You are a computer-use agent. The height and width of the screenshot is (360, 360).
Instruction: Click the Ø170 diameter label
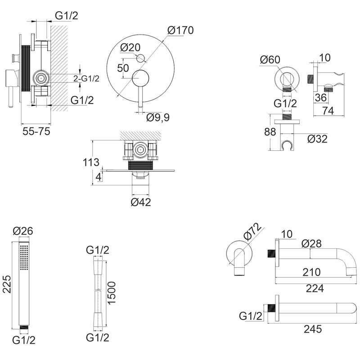click(x=180, y=30)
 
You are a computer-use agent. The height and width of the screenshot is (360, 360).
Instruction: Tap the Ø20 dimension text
click(x=130, y=48)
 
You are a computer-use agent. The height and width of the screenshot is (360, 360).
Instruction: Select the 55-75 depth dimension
click(x=36, y=131)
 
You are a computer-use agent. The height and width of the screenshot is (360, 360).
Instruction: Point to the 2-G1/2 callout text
click(x=86, y=79)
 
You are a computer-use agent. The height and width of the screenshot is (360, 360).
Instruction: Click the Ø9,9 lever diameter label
click(x=158, y=118)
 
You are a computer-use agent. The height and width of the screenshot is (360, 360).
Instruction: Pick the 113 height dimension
click(x=91, y=162)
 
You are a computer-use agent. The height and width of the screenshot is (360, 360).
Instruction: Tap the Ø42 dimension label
click(x=141, y=202)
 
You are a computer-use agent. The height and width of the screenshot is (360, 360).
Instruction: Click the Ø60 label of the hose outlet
click(x=270, y=60)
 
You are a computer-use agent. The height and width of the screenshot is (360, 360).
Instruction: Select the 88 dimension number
click(x=270, y=132)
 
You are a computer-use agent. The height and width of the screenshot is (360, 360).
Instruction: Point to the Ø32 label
click(x=317, y=139)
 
